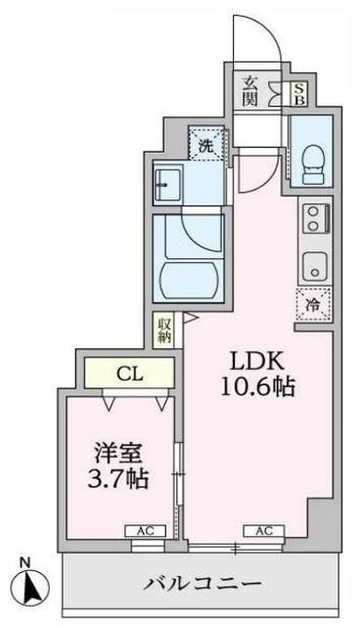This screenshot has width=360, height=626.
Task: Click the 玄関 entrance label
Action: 250,91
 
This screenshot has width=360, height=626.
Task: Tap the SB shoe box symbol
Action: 298,94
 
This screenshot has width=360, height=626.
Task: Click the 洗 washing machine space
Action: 205,145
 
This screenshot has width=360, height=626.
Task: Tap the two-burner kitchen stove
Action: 317,218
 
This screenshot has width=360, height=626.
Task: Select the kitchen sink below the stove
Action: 314,263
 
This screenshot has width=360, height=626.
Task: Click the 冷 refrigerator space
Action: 314,303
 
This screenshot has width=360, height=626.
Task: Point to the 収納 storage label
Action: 163,330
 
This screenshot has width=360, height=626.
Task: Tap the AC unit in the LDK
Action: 264,531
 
